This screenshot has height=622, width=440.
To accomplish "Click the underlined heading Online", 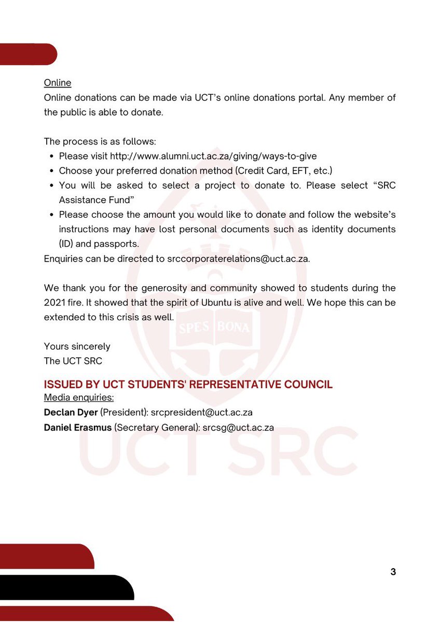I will click(x=58, y=83).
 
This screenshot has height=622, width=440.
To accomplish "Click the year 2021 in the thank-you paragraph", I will click(x=54, y=302).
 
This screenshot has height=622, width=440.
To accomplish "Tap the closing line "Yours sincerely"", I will click(x=77, y=346).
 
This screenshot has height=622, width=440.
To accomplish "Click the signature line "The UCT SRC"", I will click(x=73, y=361).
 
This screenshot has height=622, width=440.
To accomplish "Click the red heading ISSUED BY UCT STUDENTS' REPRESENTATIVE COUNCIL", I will click(x=188, y=385).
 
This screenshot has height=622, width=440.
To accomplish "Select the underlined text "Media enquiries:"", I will click(x=79, y=398).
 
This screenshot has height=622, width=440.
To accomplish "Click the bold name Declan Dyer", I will click(x=71, y=413).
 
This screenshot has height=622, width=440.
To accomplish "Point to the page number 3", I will click(x=393, y=572).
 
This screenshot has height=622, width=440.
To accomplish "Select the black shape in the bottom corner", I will click(x=62, y=587).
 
